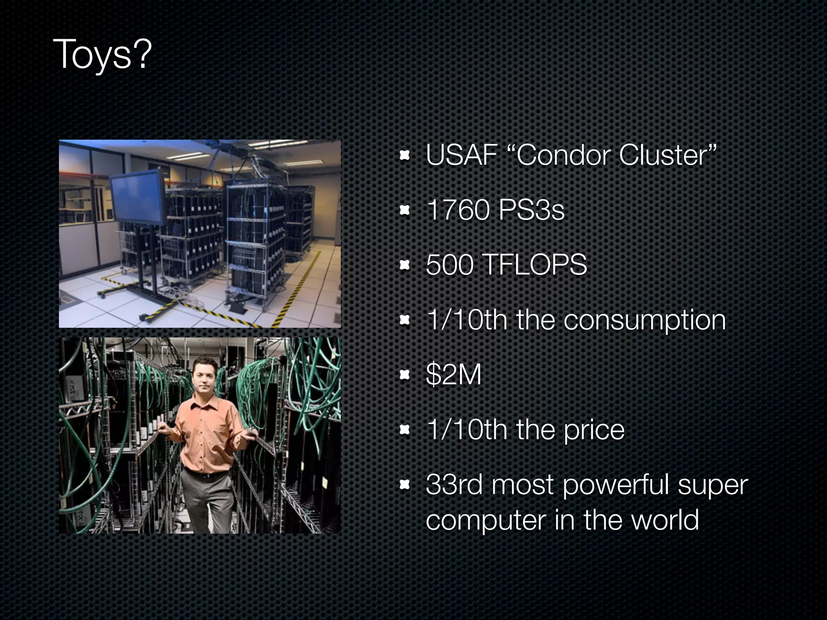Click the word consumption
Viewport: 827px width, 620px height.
pos(644,320)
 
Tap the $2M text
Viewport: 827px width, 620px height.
pos(453,375)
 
